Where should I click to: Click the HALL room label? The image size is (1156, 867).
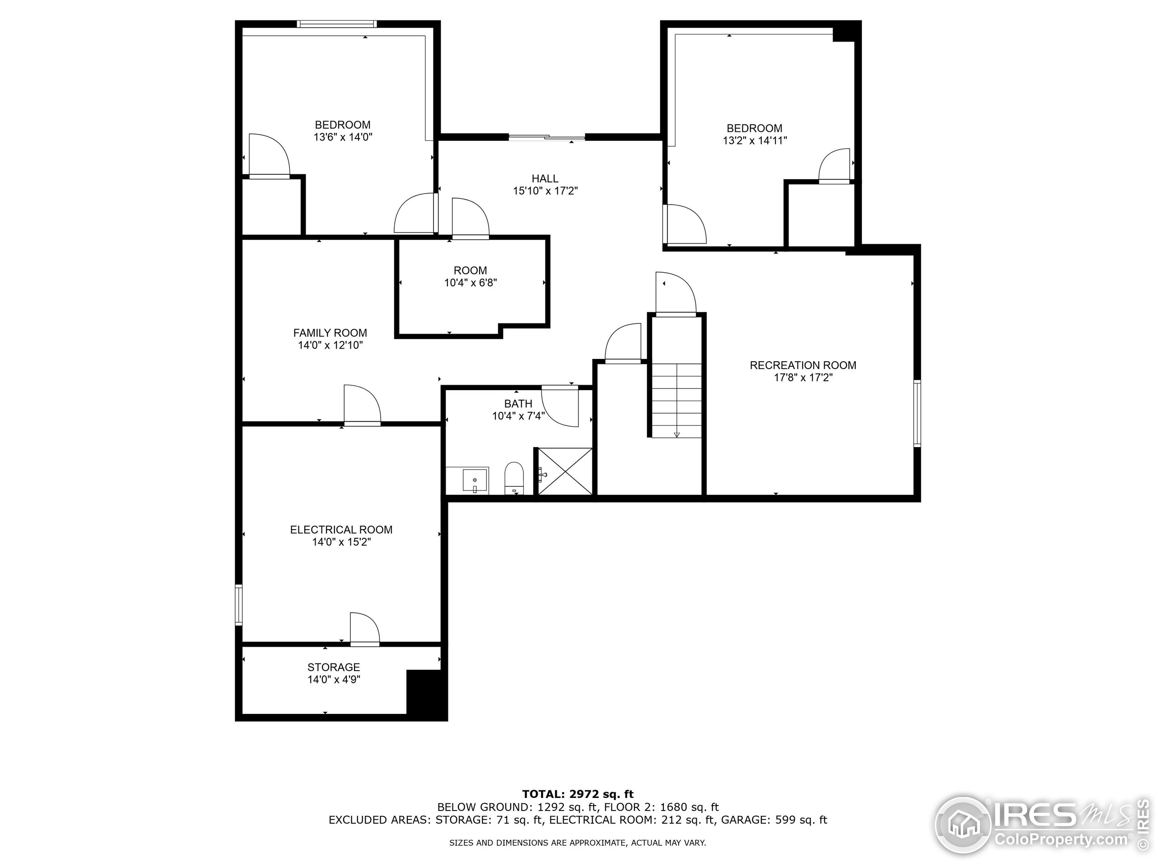pos(545,179)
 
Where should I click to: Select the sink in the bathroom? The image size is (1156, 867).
pos(475,480)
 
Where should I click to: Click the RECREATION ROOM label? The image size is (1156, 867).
pos(803,365)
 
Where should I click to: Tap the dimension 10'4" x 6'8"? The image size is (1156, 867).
pos(471,283)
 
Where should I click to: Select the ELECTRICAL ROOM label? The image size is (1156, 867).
pos(341,529)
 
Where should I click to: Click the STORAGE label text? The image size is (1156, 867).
pos(333,667)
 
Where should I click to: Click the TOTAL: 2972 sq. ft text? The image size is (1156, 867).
pos(578,794)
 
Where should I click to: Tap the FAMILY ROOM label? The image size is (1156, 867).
pos(330,333)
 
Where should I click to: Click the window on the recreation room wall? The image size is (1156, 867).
pos(917,413)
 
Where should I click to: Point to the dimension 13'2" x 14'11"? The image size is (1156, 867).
pos(754,140)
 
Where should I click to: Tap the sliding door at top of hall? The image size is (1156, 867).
pos(547,137)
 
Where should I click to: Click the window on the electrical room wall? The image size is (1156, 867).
pos(239,605)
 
